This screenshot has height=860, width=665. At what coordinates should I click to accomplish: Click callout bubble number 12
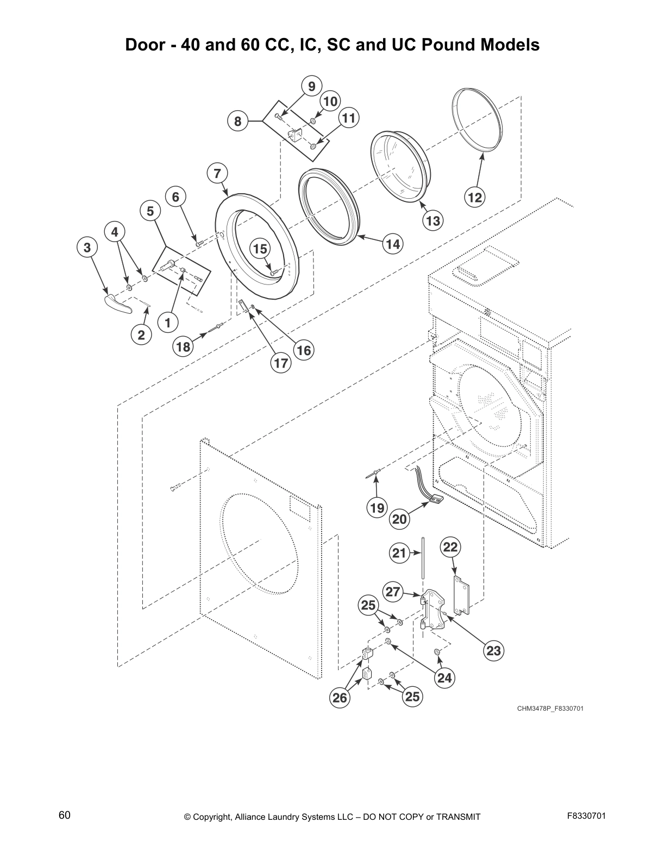click(475, 198)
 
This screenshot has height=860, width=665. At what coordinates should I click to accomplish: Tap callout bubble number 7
click(217, 173)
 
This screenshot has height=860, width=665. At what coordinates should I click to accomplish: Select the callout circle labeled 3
click(86, 248)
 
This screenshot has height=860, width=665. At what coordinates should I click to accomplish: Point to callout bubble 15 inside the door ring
click(260, 249)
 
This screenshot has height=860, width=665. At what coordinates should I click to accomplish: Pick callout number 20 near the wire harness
click(399, 519)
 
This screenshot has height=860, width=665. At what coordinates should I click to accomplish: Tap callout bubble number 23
click(493, 650)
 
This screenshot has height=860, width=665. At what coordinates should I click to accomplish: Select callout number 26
click(340, 698)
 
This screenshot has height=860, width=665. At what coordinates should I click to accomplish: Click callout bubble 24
click(444, 678)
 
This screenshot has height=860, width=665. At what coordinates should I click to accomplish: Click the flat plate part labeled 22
click(461, 596)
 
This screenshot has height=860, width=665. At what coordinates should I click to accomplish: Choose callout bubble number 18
click(184, 346)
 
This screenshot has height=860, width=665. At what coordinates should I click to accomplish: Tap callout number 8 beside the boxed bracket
click(237, 121)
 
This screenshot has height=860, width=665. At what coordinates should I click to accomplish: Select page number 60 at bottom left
click(65, 815)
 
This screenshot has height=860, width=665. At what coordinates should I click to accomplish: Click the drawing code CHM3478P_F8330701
click(550, 709)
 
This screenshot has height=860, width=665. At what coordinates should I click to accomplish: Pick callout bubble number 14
click(392, 244)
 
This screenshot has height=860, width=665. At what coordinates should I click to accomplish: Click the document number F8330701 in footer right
click(586, 815)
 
